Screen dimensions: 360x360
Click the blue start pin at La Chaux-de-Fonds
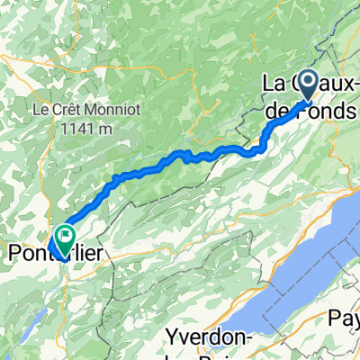coord(308,86)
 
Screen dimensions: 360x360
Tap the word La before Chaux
coord(272,83)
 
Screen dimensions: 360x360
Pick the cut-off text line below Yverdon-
coord(207,355)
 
